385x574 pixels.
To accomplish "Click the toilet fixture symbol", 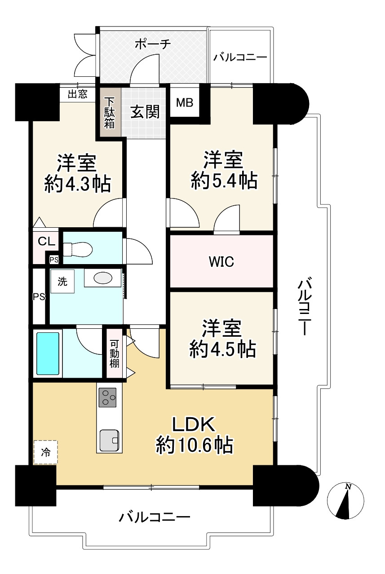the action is click(x=78, y=249).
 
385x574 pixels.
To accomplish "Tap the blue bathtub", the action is click(x=48, y=354).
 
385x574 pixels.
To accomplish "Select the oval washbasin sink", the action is click(x=103, y=278).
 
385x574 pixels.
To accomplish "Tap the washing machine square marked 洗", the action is click(x=62, y=281).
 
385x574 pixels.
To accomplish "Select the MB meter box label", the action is click(x=185, y=103).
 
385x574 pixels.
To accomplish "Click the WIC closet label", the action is click(x=221, y=262).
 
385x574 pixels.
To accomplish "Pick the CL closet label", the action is click(x=46, y=241).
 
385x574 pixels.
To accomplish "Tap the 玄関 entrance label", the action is click(x=145, y=112).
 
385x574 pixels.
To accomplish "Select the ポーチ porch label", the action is click(x=153, y=44).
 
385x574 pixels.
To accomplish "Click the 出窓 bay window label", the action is click(x=77, y=94).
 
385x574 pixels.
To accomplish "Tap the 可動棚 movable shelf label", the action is click(x=114, y=353).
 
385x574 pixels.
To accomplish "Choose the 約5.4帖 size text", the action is click(x=224, y=181).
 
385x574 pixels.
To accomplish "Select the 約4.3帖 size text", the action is click(x=78, y=184).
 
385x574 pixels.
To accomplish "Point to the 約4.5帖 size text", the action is click(x=222, y=349).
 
